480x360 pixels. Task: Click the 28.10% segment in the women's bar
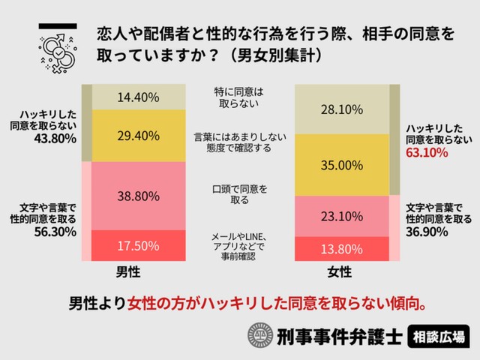pyautogui.click(x=342, y=110)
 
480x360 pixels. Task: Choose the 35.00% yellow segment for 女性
pyautogui.click(x=342, y=166)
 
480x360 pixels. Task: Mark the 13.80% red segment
pyautogui.click(x=342, y=248)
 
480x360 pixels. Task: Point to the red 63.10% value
pyautogui.click(x=426, y=153)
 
